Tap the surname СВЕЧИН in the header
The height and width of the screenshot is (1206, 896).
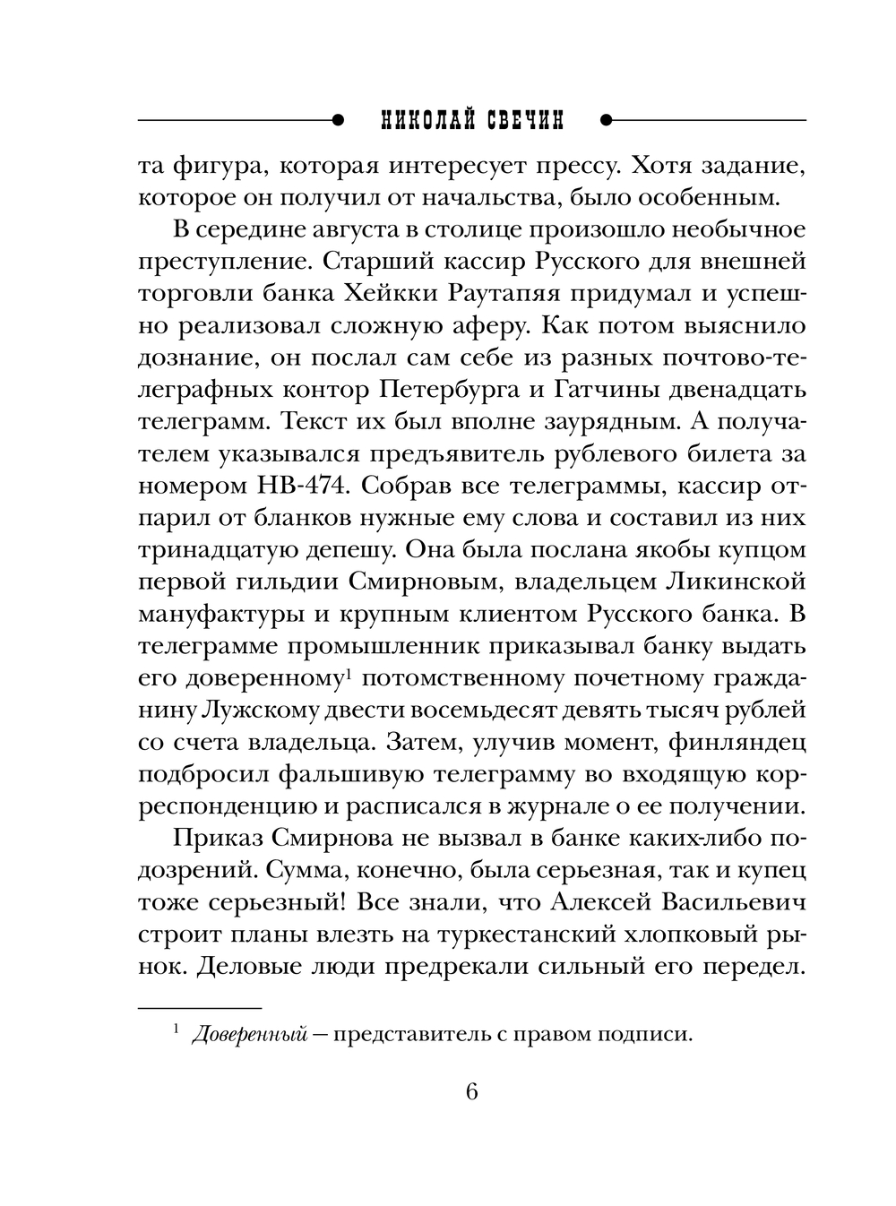[x=521, y=119]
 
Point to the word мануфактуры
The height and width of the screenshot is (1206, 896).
[x=226, y=615]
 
